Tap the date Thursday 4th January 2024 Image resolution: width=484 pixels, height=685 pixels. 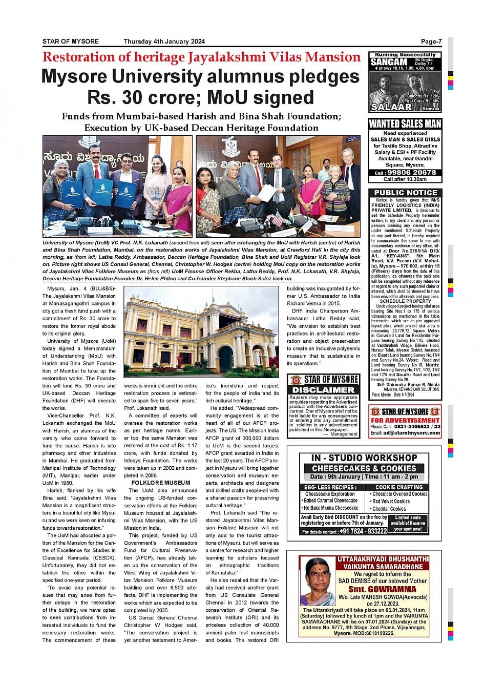pos(164,41)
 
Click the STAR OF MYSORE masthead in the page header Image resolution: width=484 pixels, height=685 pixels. pos(71,41)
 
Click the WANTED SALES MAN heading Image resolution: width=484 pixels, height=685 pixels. pos(405,123)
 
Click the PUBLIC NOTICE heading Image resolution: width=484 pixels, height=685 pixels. pos(405,193)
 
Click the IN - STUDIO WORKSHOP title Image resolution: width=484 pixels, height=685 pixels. pos(364,458)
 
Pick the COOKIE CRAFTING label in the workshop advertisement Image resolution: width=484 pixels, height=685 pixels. pos(399,487)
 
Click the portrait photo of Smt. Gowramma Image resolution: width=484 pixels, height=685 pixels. pos(318,581)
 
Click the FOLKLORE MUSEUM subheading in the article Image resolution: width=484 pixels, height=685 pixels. pos(160,483)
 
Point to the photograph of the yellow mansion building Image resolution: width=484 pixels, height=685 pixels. pos(202,334)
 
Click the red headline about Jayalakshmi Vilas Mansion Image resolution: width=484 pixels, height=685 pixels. pos(201,57)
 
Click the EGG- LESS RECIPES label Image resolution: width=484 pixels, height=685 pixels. pos(329,487)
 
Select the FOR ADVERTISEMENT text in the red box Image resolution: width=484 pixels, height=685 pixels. pos(405,420)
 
